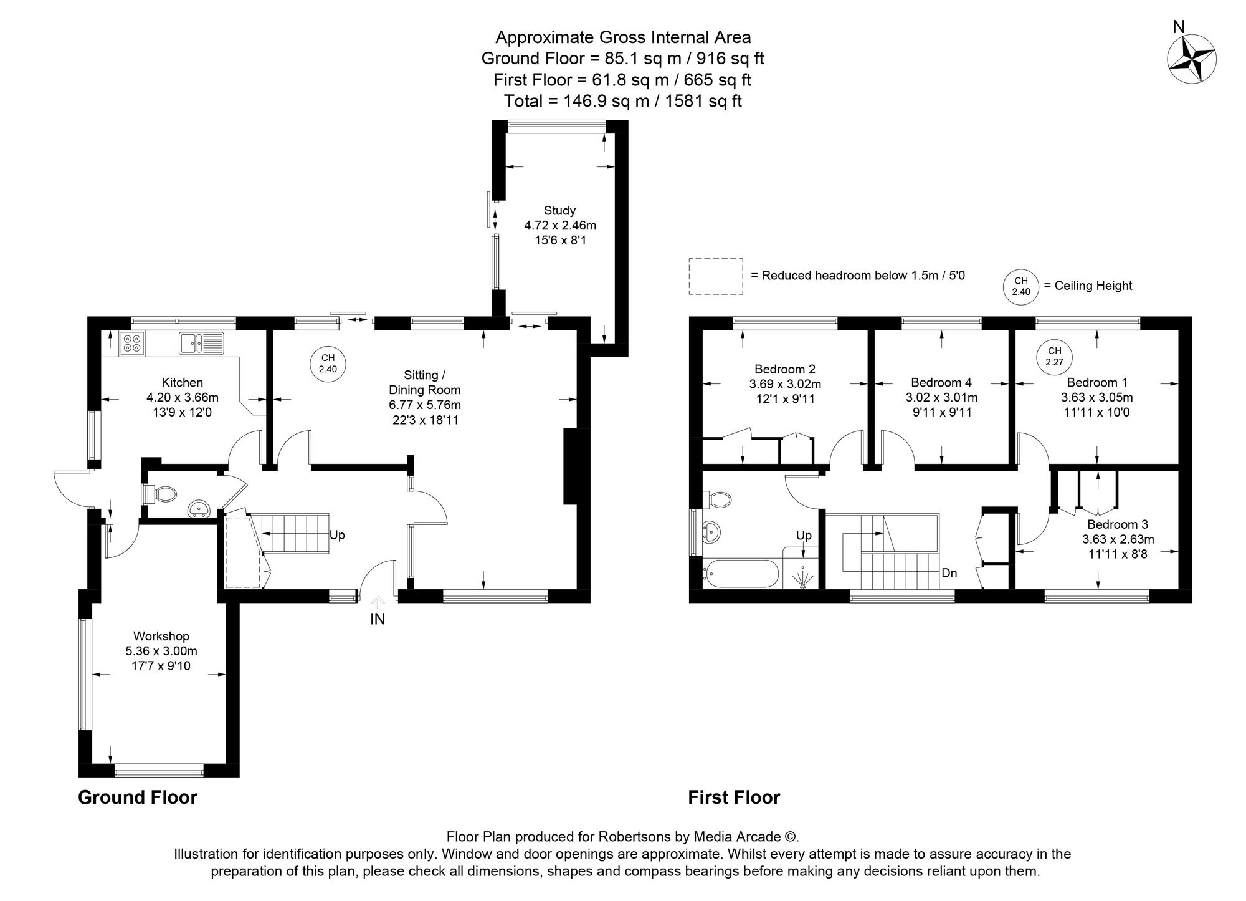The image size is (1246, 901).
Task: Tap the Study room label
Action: coord(559,210)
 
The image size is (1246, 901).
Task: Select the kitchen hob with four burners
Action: coord(132,344)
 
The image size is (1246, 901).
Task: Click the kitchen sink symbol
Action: coord(201,343)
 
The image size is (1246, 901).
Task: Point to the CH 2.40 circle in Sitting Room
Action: coord(328,364)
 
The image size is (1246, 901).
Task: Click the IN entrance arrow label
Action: coord(378,619)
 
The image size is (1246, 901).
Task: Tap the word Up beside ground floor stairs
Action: coord(337,535)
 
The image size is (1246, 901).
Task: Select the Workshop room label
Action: coord(161,636)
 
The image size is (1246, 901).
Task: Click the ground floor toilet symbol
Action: coord(163,495)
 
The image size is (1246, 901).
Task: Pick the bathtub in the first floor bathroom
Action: coord(740,574)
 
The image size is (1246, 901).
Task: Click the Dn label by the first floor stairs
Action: coord(949,572)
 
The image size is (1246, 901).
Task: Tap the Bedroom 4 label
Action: coord(941,382)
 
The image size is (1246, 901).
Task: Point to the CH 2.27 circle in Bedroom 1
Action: coord(1053,356)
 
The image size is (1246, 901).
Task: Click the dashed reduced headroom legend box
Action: coord(715,276)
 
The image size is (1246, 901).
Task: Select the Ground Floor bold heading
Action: coord(137,797)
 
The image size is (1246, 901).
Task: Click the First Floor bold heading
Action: coord(733,797)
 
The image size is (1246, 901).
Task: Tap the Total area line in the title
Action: coord(622,101)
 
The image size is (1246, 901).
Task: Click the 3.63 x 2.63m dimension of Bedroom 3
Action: coord(1118,539)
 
